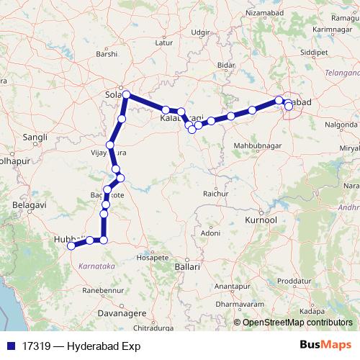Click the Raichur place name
[x=215, y=194]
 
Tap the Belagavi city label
[x=30, y=205]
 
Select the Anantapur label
[x=232, y=287]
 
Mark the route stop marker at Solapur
[x=126, y=94]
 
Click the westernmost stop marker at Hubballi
[x=71, y=246]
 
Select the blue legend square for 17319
[x=9, y=346]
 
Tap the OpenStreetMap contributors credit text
[x=297, y=323]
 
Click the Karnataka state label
[x=94, y=266]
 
